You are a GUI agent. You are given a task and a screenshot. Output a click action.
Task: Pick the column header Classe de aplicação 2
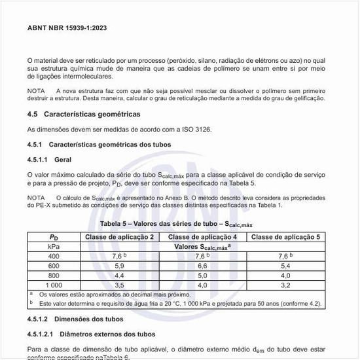point(120,236)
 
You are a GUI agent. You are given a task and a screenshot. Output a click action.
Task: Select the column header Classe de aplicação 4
point(203,236)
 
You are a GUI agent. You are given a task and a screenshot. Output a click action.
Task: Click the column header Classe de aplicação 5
point(285,236)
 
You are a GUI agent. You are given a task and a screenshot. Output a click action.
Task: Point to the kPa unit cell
point(54,246)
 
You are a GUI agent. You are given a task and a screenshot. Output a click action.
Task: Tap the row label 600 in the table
point(54,266)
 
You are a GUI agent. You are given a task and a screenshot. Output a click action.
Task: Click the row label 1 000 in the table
point(54,285)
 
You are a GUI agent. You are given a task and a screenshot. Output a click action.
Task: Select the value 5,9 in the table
point(120,266)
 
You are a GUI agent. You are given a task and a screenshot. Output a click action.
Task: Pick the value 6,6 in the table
point(203,266)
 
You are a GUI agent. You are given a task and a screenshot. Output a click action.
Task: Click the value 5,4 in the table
point(285,266)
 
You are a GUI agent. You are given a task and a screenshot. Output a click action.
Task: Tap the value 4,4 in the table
point(120,276)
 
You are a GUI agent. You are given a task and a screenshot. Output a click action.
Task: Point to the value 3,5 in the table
point(120,285)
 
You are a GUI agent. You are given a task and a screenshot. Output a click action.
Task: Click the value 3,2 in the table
point(285,285)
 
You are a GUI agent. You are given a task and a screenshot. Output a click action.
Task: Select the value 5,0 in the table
point(203,276)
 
